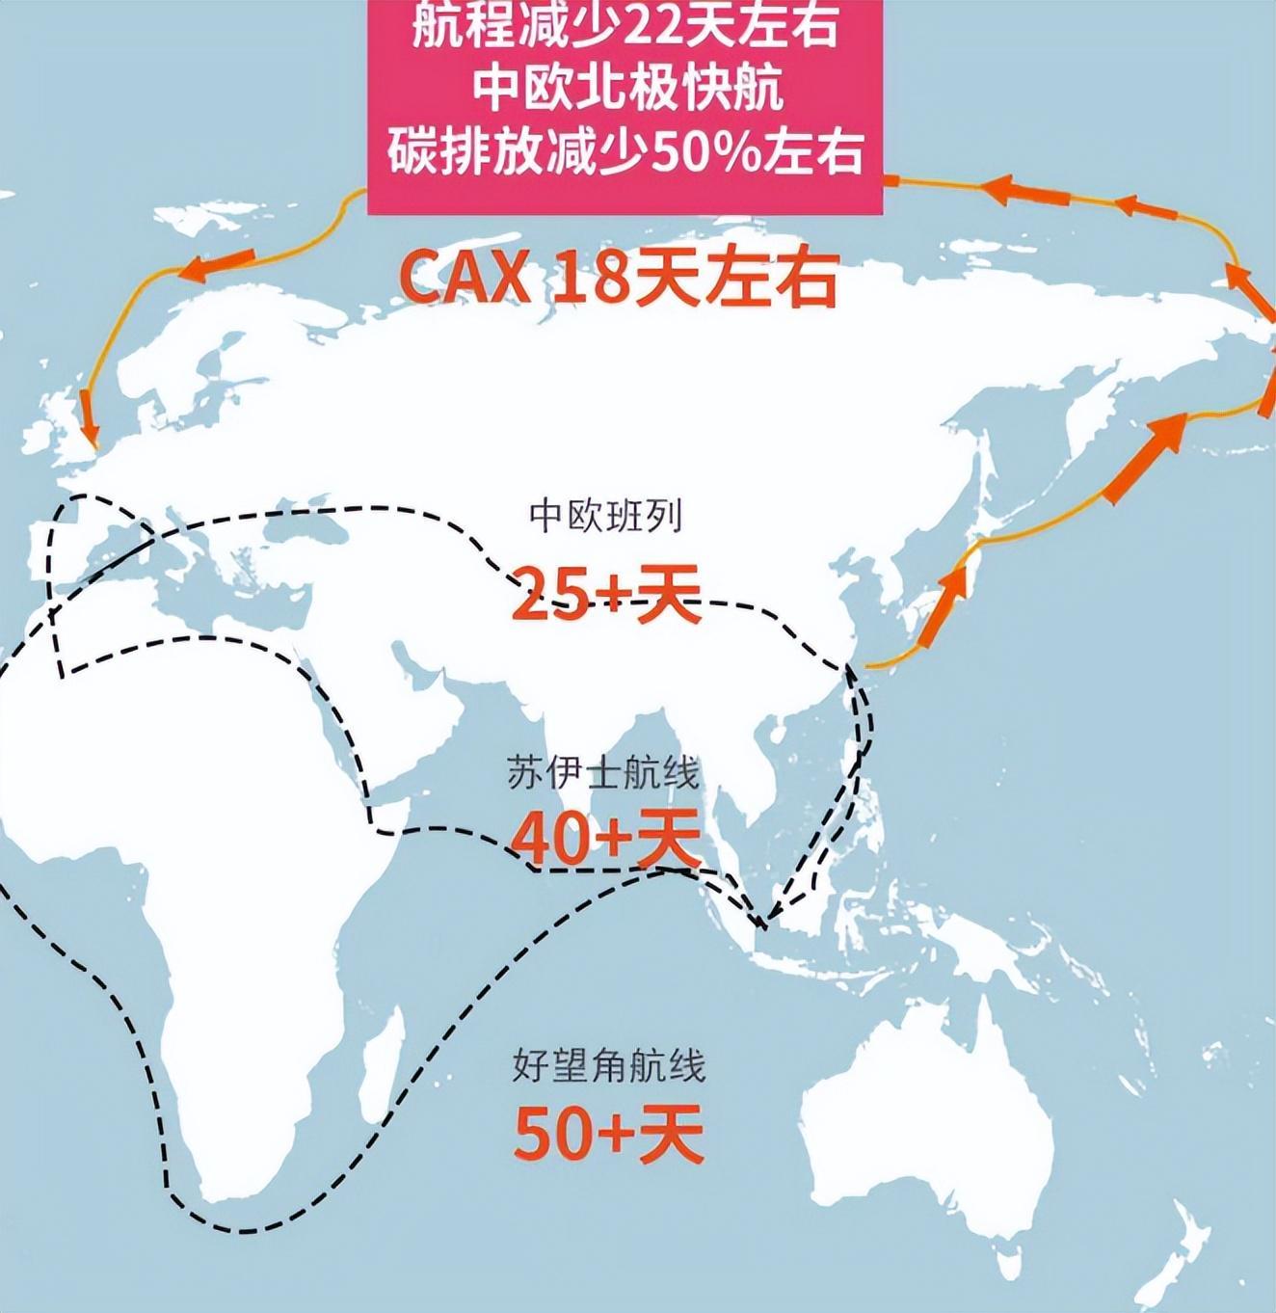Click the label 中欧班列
[605, 517]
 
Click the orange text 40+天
[605, 839]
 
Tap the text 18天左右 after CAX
[695, 278]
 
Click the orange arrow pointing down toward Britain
[88, 414]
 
